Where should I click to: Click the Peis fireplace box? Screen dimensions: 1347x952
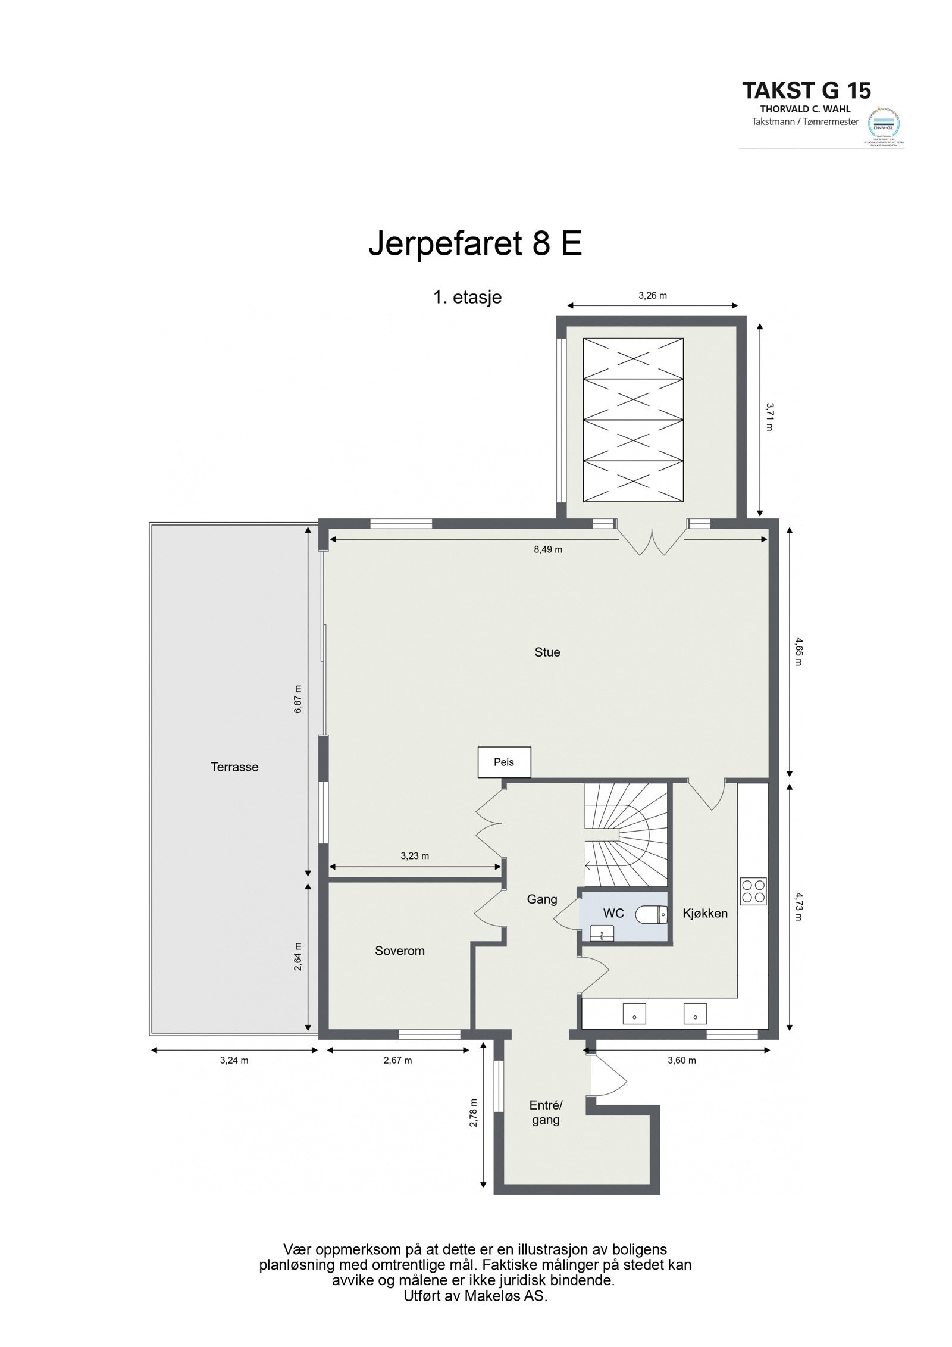504,762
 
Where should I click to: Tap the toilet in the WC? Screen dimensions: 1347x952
651,912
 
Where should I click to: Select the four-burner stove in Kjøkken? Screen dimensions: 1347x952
753,892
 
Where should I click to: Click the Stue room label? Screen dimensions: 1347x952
547,652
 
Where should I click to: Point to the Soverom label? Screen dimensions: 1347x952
399,951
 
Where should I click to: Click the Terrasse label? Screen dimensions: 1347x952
234,767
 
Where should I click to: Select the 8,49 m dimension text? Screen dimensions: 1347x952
547,550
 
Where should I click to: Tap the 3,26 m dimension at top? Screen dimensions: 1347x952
652,295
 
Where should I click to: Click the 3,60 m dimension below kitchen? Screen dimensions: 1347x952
681,1060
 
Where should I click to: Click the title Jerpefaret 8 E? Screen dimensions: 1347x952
475,244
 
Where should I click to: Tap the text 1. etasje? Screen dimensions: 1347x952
467,297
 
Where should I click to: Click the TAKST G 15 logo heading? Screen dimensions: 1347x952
806,90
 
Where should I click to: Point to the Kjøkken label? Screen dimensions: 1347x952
705,913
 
